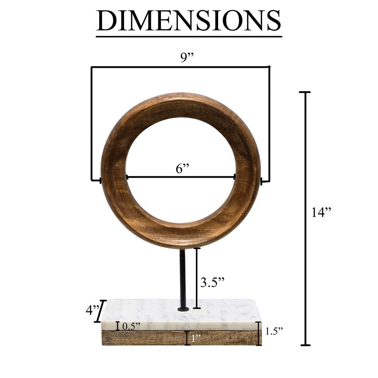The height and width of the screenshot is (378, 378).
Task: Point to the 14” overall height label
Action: coord(321,213)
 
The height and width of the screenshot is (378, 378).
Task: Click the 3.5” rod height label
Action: coord(212,282)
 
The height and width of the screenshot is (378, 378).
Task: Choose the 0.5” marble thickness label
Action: coord(131,326)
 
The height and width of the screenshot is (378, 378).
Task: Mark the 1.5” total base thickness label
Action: coord(274,331)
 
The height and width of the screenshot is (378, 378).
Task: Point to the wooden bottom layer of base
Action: coord(151,338)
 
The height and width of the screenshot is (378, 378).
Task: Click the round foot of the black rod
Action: coord(183,309)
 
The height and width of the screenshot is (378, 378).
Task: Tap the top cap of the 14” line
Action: coord(305,92)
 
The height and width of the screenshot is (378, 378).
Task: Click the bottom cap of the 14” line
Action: coord(305,345)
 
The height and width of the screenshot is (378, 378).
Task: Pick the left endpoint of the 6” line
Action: coord(127,177)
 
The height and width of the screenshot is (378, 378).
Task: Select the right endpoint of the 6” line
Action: coord(235,177)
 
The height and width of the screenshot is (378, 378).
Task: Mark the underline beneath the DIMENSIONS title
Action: coord(189,36)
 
